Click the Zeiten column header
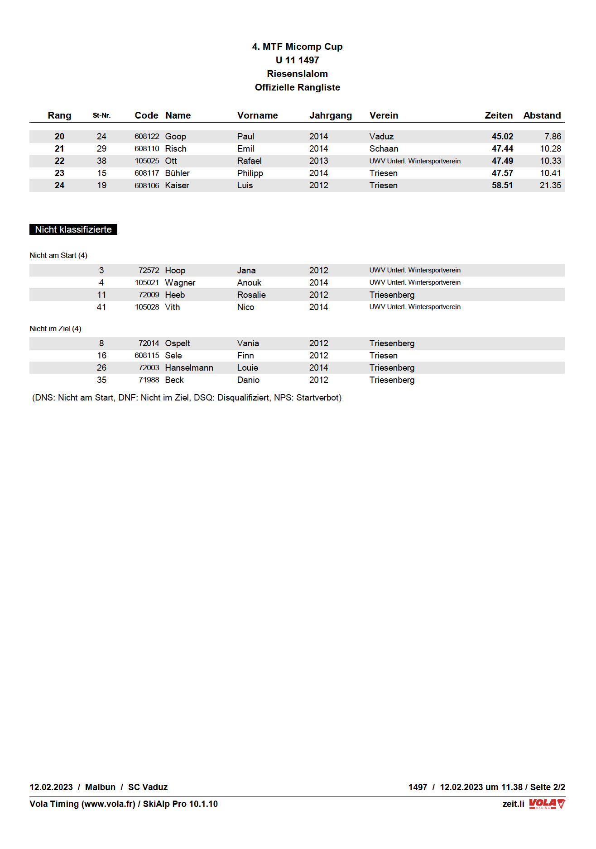498,115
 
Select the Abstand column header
542,115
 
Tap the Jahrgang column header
330,115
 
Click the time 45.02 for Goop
502,136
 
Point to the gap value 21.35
550,185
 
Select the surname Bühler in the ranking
177,173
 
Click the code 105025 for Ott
147,161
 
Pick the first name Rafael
249,161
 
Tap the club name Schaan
384,148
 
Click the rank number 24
59,185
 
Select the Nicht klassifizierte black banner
73,229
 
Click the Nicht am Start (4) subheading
58,255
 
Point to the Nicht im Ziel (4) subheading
55,329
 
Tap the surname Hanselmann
189,367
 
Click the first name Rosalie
251,295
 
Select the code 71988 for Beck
149,380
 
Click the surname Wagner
180,282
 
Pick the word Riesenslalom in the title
297,74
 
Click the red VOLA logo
547,804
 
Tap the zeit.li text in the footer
513,804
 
